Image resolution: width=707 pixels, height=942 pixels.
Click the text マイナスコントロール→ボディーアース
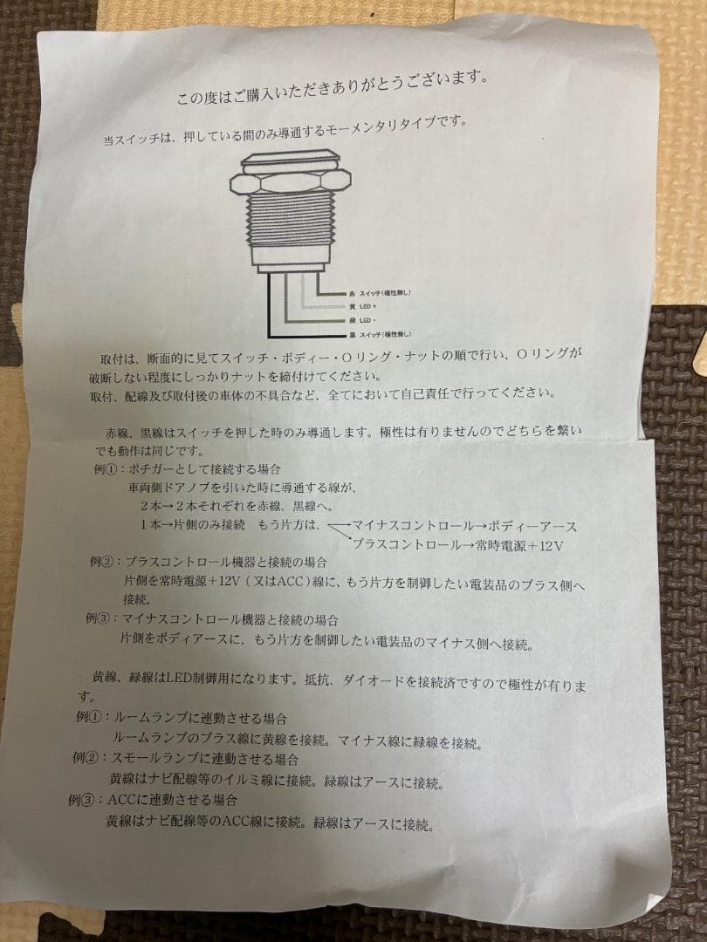pyautogui.click(x=463, y=527)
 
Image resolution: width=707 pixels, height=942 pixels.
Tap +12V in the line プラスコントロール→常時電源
pyautogui.click(x=546, y=545)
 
